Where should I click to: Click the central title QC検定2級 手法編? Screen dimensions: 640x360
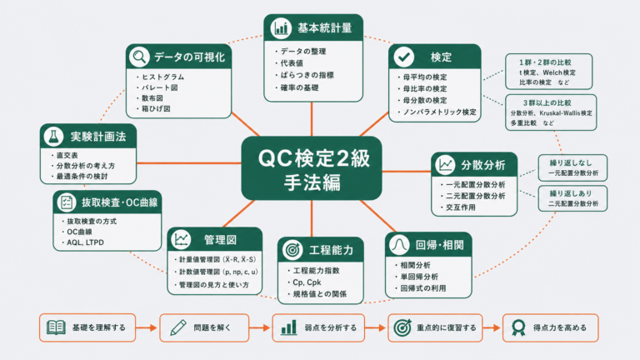[x=312, y=170]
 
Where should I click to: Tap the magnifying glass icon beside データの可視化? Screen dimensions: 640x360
[x=139, y=57]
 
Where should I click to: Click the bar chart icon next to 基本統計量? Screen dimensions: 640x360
[x=280, y=28]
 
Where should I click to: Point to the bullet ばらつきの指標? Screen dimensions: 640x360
[x=307, y=75]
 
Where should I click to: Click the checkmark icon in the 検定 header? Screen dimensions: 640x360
[x=403, y=57]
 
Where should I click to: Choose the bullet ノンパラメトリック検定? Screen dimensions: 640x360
[x=439, y=112]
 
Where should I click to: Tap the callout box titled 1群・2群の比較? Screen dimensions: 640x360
[x=548, y=72]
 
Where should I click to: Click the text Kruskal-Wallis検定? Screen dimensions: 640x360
[x=565, y=113]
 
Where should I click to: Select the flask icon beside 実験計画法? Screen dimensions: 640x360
[x=53, y=137]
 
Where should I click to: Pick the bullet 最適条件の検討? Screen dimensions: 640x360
[x=82, y=177]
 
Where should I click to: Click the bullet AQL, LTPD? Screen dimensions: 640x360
[x=85, y=242]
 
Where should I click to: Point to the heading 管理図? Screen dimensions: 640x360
[x=220, y=240]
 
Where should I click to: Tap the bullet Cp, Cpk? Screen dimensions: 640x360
[x=307, y=282]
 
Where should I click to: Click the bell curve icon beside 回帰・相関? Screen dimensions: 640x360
[x=399, y=245]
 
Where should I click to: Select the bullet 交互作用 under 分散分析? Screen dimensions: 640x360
[x=460, y=207]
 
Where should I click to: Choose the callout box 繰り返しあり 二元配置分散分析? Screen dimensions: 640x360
[x=572, y=198]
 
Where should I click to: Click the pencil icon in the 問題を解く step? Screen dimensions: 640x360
[x=178, y=327]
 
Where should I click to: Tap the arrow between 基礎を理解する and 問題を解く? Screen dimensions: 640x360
[x=146, y=327]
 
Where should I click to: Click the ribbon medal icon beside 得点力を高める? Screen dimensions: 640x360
[x=518, y=327]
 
